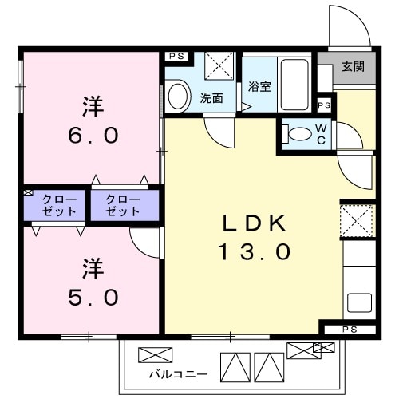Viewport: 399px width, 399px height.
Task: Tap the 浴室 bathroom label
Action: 259,87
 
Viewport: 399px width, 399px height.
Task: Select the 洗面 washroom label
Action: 211,99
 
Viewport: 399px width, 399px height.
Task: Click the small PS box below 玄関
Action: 324,105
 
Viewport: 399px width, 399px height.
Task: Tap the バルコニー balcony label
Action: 178,373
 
